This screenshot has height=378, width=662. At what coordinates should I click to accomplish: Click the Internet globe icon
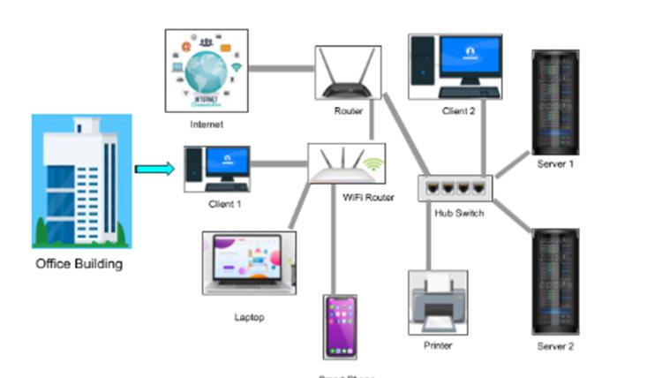(207, 71)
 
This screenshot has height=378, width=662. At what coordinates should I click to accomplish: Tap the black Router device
(348, 75)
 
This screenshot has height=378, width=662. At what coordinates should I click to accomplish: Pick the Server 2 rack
(556, 281)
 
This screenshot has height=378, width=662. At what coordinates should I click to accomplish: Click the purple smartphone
(339, 327)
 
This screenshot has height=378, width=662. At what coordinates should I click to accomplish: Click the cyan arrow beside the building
(154, 169)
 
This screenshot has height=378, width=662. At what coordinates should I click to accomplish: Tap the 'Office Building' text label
(79, 263)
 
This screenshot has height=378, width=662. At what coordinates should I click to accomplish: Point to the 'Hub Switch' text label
(458, 214)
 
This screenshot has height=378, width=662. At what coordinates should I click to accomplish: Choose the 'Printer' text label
(438, 345)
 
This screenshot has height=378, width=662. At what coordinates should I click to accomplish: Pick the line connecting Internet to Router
(281, 67)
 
